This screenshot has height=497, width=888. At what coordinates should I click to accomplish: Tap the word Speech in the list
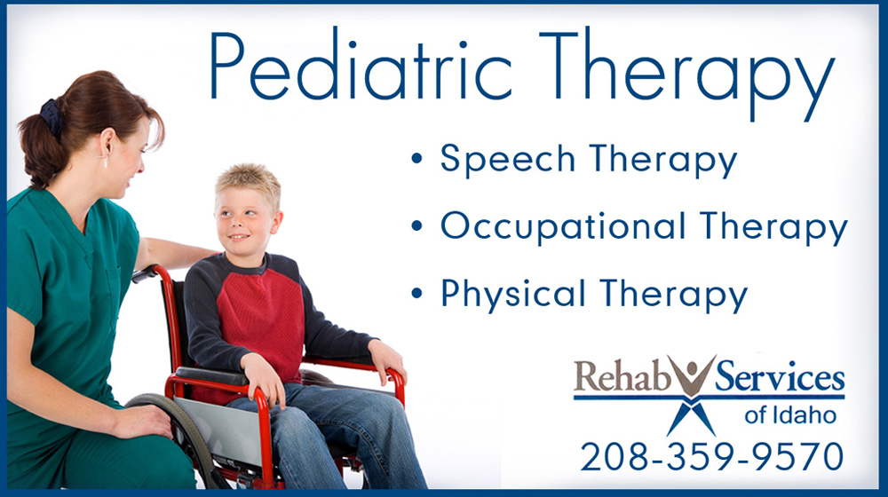click(507, 159)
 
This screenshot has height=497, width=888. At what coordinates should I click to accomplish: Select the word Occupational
click(564, 226)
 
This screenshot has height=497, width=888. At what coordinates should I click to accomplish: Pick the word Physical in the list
click(512, 294)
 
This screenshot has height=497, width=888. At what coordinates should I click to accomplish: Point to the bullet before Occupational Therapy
click(417, 225)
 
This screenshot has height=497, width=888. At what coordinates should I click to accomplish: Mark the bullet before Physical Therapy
click(417, 293)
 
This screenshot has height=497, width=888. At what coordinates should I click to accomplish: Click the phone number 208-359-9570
click(712, 456)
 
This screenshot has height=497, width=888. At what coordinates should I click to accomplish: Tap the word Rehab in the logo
click(622, 376)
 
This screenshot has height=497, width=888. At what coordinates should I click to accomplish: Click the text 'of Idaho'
click(790, 415)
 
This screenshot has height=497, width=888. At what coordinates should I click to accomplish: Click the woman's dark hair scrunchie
click(52, 116)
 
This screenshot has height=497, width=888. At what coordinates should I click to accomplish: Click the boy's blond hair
click(250, 182)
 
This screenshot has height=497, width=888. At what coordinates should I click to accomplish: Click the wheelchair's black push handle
click(145, 274)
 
